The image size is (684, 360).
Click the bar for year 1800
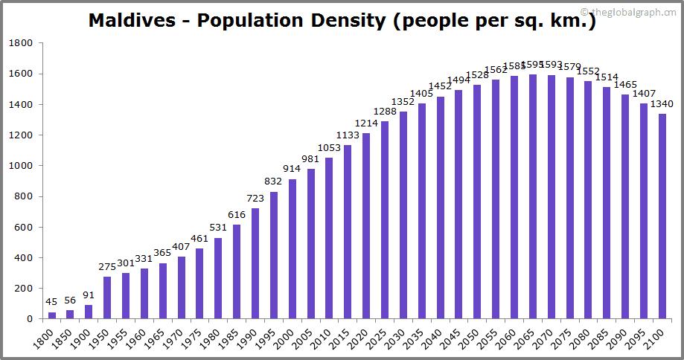pos(52,315)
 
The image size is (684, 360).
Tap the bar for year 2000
pos(293,249)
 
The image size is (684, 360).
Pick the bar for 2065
pos(533,196)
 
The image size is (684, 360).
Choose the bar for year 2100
pos(662,216)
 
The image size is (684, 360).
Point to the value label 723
pos(255,200)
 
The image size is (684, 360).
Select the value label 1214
pos(366,124)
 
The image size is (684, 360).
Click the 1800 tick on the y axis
pos(22,43)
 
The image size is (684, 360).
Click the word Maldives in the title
pos(138,20)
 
